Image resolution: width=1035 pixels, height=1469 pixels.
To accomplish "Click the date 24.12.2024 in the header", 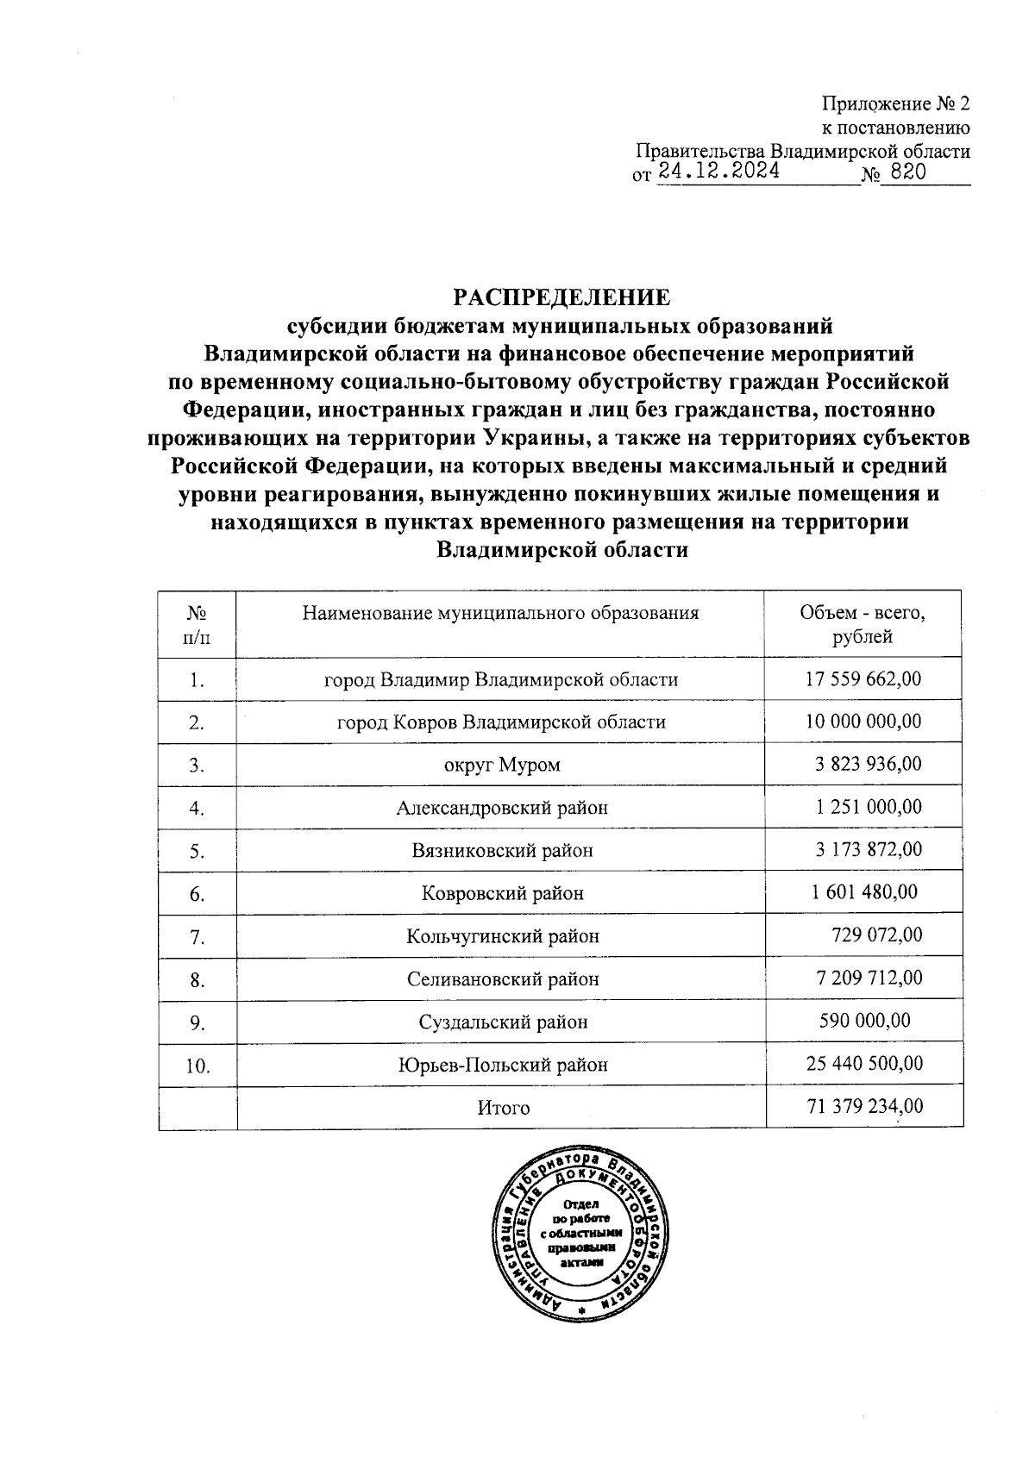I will click(718, 172).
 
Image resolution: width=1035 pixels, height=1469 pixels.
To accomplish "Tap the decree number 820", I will click(907, 172).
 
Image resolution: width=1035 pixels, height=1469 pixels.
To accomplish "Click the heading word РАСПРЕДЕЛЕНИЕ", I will click(561, 298).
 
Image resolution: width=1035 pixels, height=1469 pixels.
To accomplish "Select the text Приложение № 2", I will click(895, 104).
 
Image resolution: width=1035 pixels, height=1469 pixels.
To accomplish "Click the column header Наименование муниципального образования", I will click(500, 613).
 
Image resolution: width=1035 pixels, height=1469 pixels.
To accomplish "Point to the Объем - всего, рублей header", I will click(862, 625).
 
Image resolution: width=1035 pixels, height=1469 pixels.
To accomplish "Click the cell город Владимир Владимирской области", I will click(500, 679).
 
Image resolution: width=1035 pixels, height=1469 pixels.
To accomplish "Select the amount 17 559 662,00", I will click(862, 678).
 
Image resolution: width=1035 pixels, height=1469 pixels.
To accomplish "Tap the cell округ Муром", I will click(500, 765).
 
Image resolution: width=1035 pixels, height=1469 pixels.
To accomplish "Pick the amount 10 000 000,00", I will click(862, 721).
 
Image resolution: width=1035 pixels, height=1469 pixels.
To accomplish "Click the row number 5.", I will click(197, 851).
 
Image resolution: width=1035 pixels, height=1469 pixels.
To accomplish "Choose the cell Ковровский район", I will click(502, 893).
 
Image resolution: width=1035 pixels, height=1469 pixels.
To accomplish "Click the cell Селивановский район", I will click(502, 978).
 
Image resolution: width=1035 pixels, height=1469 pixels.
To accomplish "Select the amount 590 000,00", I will click(864, 1021).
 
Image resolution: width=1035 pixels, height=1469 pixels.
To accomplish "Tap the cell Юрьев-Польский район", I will click(502, 1065).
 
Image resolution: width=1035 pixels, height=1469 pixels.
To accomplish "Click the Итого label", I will click(503, 1108).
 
